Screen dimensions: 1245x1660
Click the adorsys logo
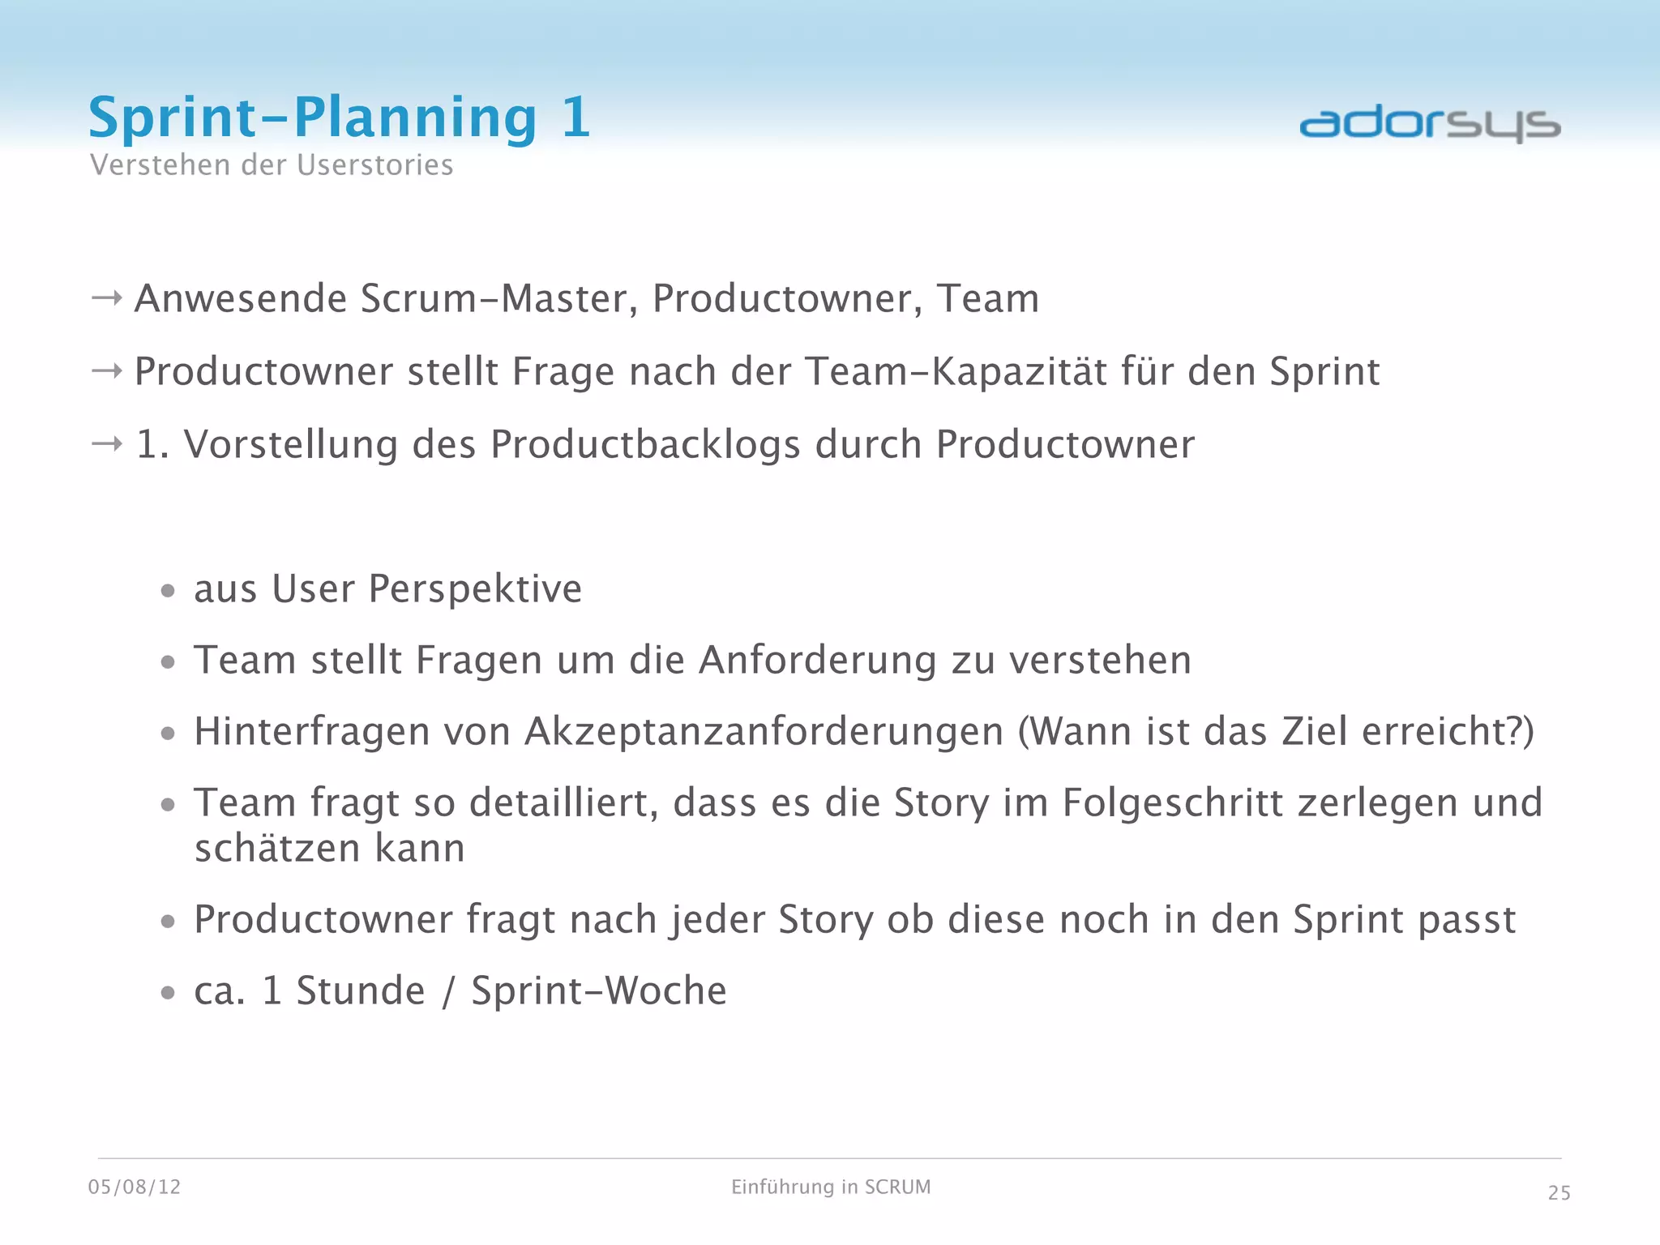point(1430,125)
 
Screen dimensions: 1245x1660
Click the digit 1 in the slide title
point(575,118)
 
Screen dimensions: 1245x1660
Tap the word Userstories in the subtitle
point(375,165)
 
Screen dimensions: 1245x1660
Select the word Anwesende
point(241,298)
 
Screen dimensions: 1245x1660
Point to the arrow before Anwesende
point(107,298)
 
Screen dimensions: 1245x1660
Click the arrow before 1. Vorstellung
point(107,444)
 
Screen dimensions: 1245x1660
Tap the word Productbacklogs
point(645,445)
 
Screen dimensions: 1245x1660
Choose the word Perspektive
point(475,589)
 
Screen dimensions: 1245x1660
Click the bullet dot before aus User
point(168,591)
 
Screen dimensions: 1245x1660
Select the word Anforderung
point(818,660)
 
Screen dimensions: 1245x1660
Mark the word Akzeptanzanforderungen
point(764,732)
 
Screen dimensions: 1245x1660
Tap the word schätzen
point(277,849)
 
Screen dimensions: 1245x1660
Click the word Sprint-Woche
point(599,990)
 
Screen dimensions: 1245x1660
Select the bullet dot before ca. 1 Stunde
point(168,992)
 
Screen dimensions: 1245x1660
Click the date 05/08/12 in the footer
point(135,1187)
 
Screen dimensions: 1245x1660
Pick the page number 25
point(1559,1193)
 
